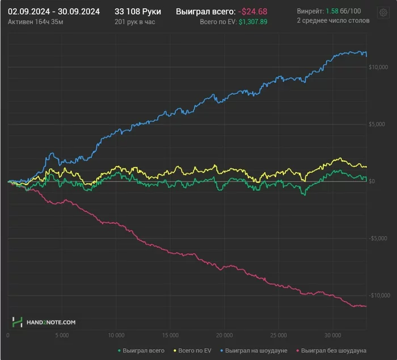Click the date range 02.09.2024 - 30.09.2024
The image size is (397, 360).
[54, 11]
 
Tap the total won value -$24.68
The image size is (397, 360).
[252, 11]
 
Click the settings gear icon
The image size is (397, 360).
[383, 13]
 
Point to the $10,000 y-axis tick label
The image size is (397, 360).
[377, 68]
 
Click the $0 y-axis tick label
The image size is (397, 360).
[371, 181]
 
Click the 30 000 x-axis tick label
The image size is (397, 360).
[332, 335]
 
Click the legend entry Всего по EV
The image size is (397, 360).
[193, 351]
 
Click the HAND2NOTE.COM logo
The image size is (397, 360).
[44, 322]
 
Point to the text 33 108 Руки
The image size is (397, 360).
[138, 11]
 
